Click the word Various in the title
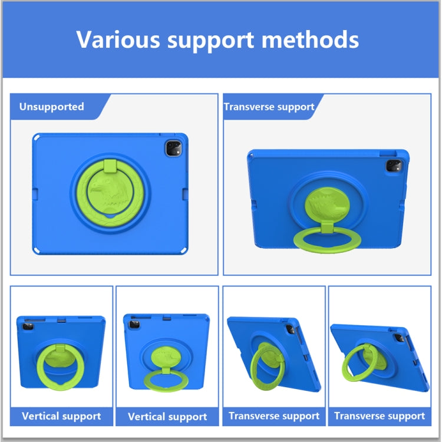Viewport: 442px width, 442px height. coord(118,39)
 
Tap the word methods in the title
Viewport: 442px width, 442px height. coord(310,39)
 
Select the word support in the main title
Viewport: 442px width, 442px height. coord(211,41)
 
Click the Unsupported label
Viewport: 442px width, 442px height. coord(52,107)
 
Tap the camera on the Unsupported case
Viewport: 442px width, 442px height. coord(173,149)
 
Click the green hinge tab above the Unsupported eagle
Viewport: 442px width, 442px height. coord(110,166)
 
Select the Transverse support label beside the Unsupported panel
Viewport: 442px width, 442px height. coord(269,107)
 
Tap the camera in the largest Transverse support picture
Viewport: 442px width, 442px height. coord(394,166)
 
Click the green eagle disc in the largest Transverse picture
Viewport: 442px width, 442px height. coord(327,204)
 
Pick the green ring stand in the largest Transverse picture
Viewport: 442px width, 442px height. coord(327,240)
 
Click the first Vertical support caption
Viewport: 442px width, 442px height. coord(61,416)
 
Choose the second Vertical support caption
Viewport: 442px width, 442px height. coord(167,417)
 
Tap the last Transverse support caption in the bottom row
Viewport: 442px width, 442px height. coord(380,416)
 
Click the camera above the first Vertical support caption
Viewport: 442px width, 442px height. coord(28,326)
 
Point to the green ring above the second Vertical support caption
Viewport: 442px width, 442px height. coord(166,381)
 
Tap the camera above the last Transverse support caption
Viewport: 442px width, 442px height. coord(400,338)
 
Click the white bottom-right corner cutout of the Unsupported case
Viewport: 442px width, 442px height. coord(184,250)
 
